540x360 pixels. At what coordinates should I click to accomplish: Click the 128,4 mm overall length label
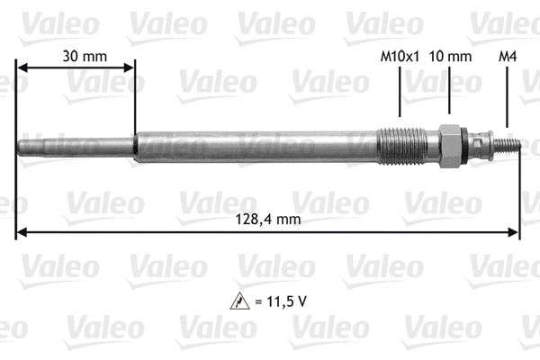click(x=269, y=219)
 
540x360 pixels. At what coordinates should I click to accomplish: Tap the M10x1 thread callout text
click(x=400, y=56)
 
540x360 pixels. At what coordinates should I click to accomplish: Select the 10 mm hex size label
click(x=450, y=56)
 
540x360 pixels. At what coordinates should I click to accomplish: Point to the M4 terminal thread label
click(x=508, y=56)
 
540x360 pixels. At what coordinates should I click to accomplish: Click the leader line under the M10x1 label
click(x=400, y=94)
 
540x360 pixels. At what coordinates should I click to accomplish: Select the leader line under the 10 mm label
click(x=449, y=94)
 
